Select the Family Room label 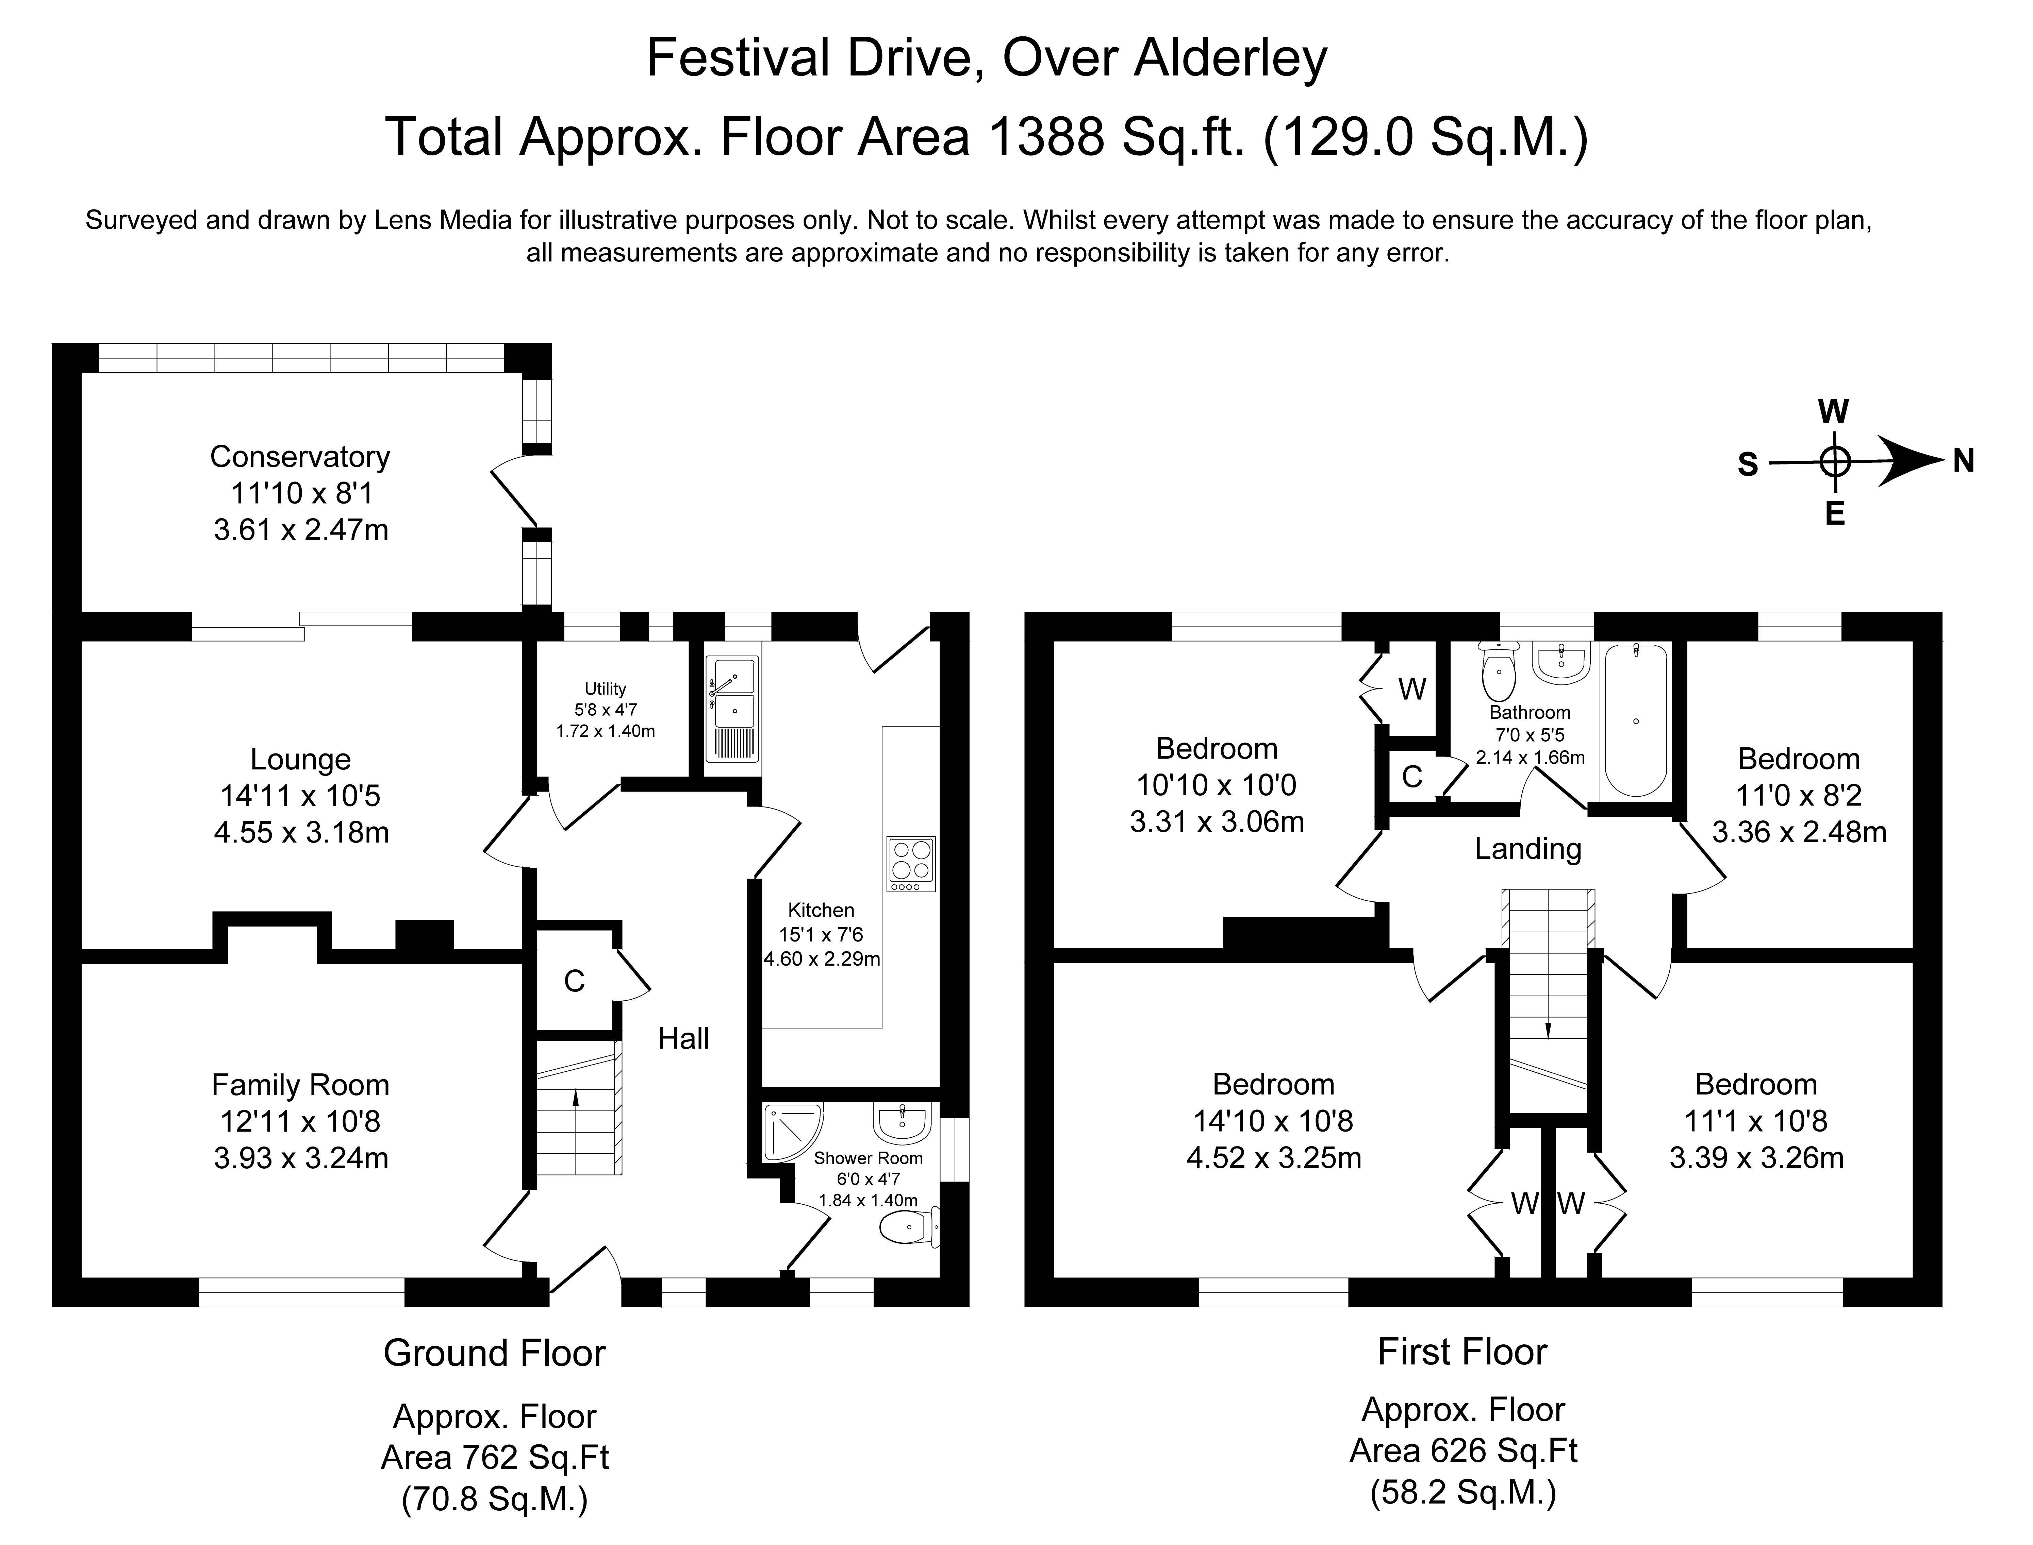tap(300, 1085)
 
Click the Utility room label tap(605, 689)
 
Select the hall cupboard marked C tap(574, 981)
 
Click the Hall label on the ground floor tap(683, 1038)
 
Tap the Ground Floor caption tap(494, 1353)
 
